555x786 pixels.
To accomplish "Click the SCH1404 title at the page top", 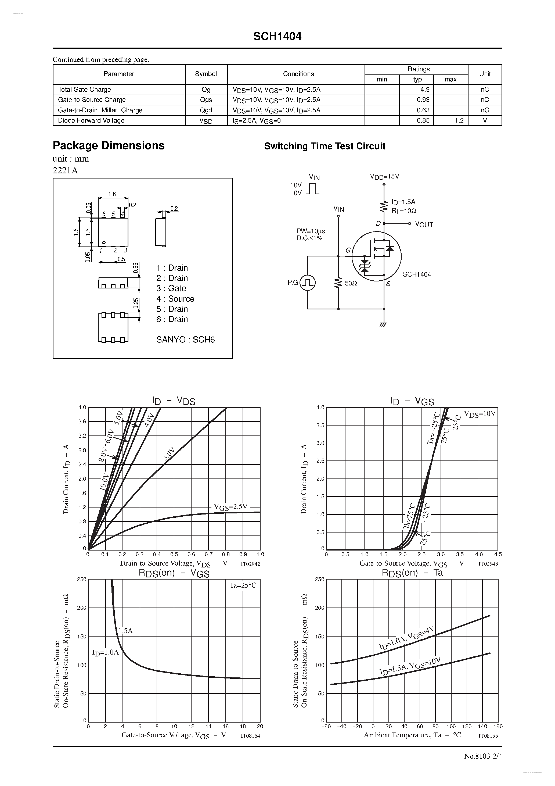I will pos(277,37).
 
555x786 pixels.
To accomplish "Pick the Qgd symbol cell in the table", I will pos(206,110).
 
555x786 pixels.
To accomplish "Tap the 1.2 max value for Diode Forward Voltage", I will pos(459,120).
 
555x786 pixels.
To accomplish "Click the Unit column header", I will pos(485,74).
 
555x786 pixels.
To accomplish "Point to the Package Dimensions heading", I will pos(109,145).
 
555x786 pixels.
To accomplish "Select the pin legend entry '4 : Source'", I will pos(175,299).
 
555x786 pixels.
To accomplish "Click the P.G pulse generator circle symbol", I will pos(307,283).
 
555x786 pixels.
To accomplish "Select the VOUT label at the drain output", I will pos(424,224).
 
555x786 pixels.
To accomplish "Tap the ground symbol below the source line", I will pos(383,324).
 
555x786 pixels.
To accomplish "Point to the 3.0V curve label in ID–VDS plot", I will pos(169,456).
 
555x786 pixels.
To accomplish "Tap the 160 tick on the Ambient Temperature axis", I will pos(498,726).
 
